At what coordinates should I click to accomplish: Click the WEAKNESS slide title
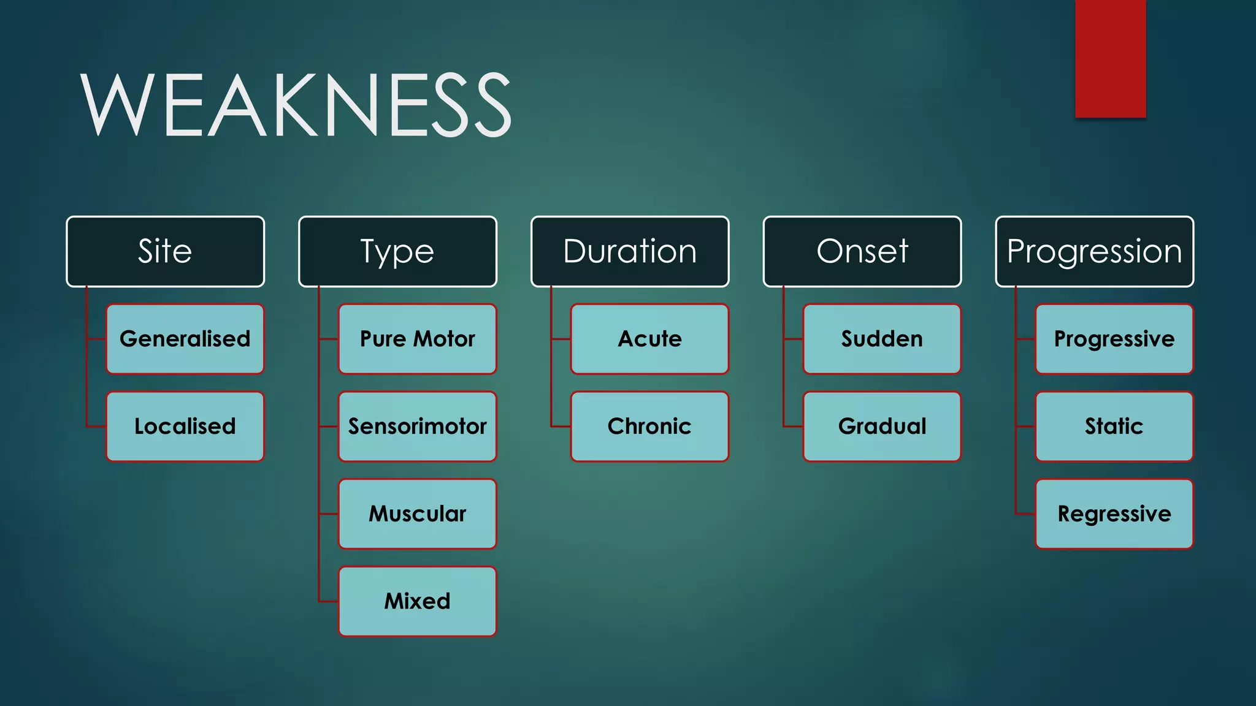click(296, 104)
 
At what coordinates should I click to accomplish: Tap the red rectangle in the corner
click(1110, 58)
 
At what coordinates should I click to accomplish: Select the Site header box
click(166, 251)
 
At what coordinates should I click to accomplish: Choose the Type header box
click(397, 251)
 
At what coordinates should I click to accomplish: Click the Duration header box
click(630, 251)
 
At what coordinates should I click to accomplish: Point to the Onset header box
click(862, 251)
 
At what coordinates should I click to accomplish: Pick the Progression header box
click(1095, 251)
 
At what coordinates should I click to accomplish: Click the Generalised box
click(185, 339)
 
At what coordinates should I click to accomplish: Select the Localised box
click(185, 427)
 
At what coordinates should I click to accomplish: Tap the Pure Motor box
click(418, 339)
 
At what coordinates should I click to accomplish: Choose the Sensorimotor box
click(418, 427)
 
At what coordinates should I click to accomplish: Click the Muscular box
click(418, 514)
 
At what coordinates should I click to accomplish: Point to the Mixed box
click(418, 601)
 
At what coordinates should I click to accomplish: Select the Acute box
click(650, 339)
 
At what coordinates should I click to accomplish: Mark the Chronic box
click(650, 427)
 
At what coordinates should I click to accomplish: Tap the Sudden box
click(882, 339)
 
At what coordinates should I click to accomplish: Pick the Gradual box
click(882, 427)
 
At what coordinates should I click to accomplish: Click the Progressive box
click(1114, 339)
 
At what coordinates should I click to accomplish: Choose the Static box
click(1114, 427)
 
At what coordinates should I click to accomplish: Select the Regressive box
click(1114, 514)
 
